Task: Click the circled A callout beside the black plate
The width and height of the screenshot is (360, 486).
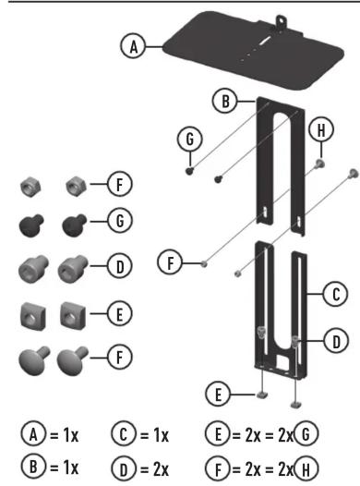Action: point(133,46)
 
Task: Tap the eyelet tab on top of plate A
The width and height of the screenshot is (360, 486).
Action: point(281,21)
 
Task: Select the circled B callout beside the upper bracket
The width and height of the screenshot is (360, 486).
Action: point(225,101)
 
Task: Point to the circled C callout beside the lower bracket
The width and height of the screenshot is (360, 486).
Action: point(336,294)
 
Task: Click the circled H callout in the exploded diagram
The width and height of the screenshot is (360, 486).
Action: point(321,129)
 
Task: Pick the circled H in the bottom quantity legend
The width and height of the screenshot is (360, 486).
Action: point(306,469)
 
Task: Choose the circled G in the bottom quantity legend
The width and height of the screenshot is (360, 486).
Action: point(306,434)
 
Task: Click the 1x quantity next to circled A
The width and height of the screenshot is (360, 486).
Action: point(71,434)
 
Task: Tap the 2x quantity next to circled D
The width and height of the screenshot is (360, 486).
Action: point(161,469)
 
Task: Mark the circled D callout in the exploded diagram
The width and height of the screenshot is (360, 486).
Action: point(336,341)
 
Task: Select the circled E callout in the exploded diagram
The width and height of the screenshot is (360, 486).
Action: point(218,395)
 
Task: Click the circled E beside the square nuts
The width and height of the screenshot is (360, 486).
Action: point(120,313)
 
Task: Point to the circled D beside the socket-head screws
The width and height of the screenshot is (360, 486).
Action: point(120,266)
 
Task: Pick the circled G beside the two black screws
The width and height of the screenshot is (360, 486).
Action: point(120,221)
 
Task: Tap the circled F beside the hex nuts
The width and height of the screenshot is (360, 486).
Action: point(120,184)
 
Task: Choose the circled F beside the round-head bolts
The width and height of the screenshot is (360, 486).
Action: point(120,357)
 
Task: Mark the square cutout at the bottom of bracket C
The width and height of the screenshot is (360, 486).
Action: point(282,360)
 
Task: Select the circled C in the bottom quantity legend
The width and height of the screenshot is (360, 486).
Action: point(123,434)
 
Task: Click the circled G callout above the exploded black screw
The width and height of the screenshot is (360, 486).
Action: point(190,139)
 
